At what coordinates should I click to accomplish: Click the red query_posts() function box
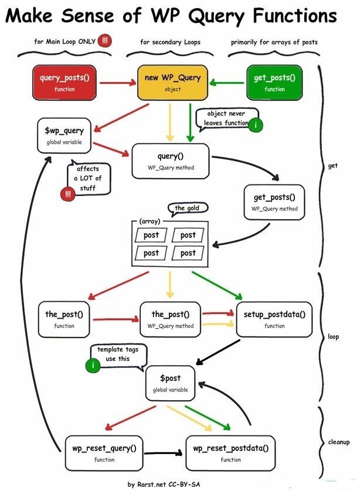click(64, 83)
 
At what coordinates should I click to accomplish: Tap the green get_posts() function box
click(274, 83)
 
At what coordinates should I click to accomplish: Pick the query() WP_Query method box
click(171, 161)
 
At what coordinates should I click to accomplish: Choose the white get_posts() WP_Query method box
click(274, 202)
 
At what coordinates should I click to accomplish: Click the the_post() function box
click(64, 319)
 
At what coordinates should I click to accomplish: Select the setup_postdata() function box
click(274, 319)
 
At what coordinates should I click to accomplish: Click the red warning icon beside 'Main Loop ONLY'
click(105, 41)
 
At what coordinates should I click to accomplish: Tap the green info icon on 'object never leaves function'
click(255, 124)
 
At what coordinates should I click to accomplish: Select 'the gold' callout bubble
click(188, 209)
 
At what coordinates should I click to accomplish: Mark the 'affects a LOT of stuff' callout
click(88, 178)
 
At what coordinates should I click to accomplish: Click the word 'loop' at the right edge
click(334, 337)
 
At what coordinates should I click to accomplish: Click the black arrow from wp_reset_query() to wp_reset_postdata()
click(164, 453)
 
